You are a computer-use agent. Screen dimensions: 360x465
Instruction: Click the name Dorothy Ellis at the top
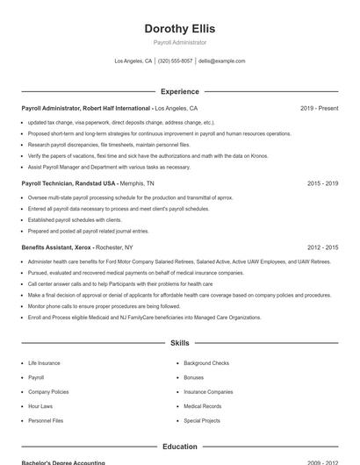tap(179, 28)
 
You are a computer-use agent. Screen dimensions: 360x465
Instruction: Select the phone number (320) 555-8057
tap(175, 61)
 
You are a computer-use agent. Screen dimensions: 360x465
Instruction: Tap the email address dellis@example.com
tap(221, 61)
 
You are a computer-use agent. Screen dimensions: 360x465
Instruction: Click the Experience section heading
tap(179, 91)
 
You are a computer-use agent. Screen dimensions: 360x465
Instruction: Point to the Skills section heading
tap(179, 343)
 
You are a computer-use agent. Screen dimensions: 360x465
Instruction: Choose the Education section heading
tap(179, 447)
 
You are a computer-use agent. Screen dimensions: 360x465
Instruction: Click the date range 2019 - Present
tap(319, 109)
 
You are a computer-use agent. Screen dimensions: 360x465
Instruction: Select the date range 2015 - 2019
tap(322, 184)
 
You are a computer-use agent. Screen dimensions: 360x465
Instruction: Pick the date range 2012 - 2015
tap(322, 248)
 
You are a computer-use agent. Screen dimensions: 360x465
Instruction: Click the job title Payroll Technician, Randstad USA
tap(68, 184)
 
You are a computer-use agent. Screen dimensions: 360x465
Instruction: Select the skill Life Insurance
tap(44, 363)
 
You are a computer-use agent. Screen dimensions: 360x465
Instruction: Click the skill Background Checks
tap(206, 363)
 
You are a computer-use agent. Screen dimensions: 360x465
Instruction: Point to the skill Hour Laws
tap(40, 406)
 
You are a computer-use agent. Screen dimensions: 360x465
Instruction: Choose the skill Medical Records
tap(202, 406)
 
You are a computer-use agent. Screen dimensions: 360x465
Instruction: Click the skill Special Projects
tap(202, 421)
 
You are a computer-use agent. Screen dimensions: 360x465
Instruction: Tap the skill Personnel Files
tap(46, 421)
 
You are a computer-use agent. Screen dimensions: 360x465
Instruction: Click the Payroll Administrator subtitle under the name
tap(179, 42)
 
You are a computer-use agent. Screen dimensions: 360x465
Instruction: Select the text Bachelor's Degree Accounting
tap(63, 462)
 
